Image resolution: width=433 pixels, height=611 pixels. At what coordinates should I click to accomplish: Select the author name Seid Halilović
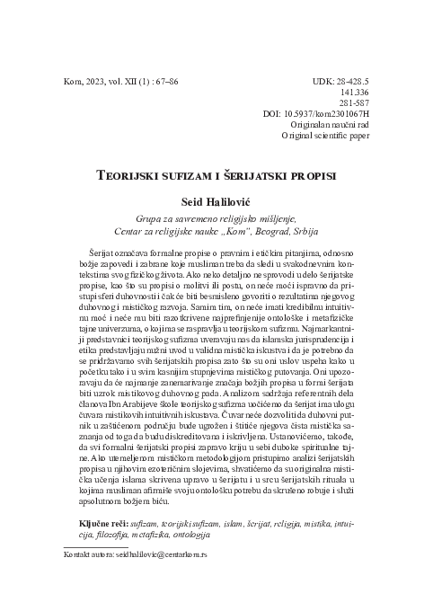(x=216, y=201)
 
